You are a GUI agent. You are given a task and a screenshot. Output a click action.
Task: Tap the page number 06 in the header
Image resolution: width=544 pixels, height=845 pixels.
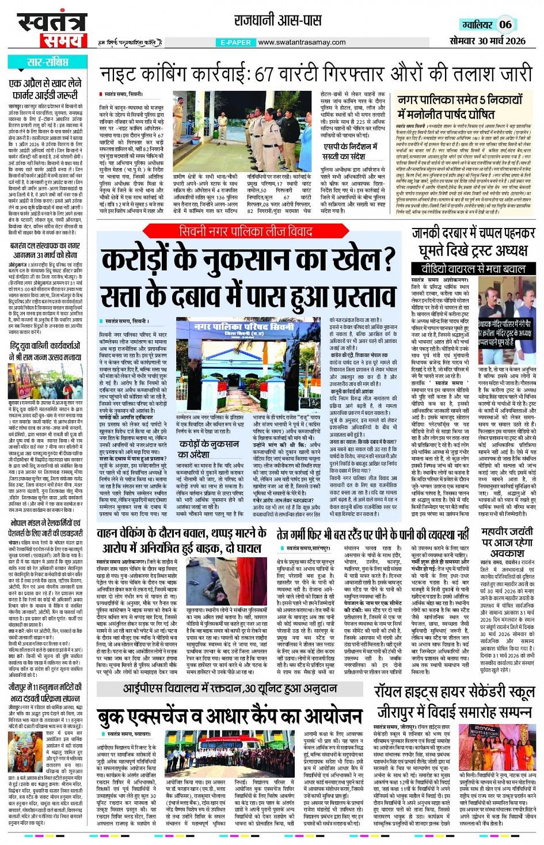tap(505, 24)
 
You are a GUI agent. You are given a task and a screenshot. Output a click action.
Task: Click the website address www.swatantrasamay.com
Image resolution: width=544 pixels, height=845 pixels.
tap(302, 42)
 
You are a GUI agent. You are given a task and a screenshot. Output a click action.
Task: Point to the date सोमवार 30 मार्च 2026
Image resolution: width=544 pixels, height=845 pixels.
tap(487, 40)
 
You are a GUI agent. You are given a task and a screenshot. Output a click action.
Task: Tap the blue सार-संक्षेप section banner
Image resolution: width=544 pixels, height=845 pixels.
tap(48, 62)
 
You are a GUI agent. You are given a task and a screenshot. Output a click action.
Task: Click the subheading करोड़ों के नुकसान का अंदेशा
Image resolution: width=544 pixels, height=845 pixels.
tap(208, 449)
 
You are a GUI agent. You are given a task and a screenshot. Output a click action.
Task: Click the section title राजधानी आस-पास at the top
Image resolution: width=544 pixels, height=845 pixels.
tap(277, 21)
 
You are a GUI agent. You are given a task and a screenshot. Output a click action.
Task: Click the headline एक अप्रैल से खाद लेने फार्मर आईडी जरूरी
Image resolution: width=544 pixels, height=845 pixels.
tap(45, 89)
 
